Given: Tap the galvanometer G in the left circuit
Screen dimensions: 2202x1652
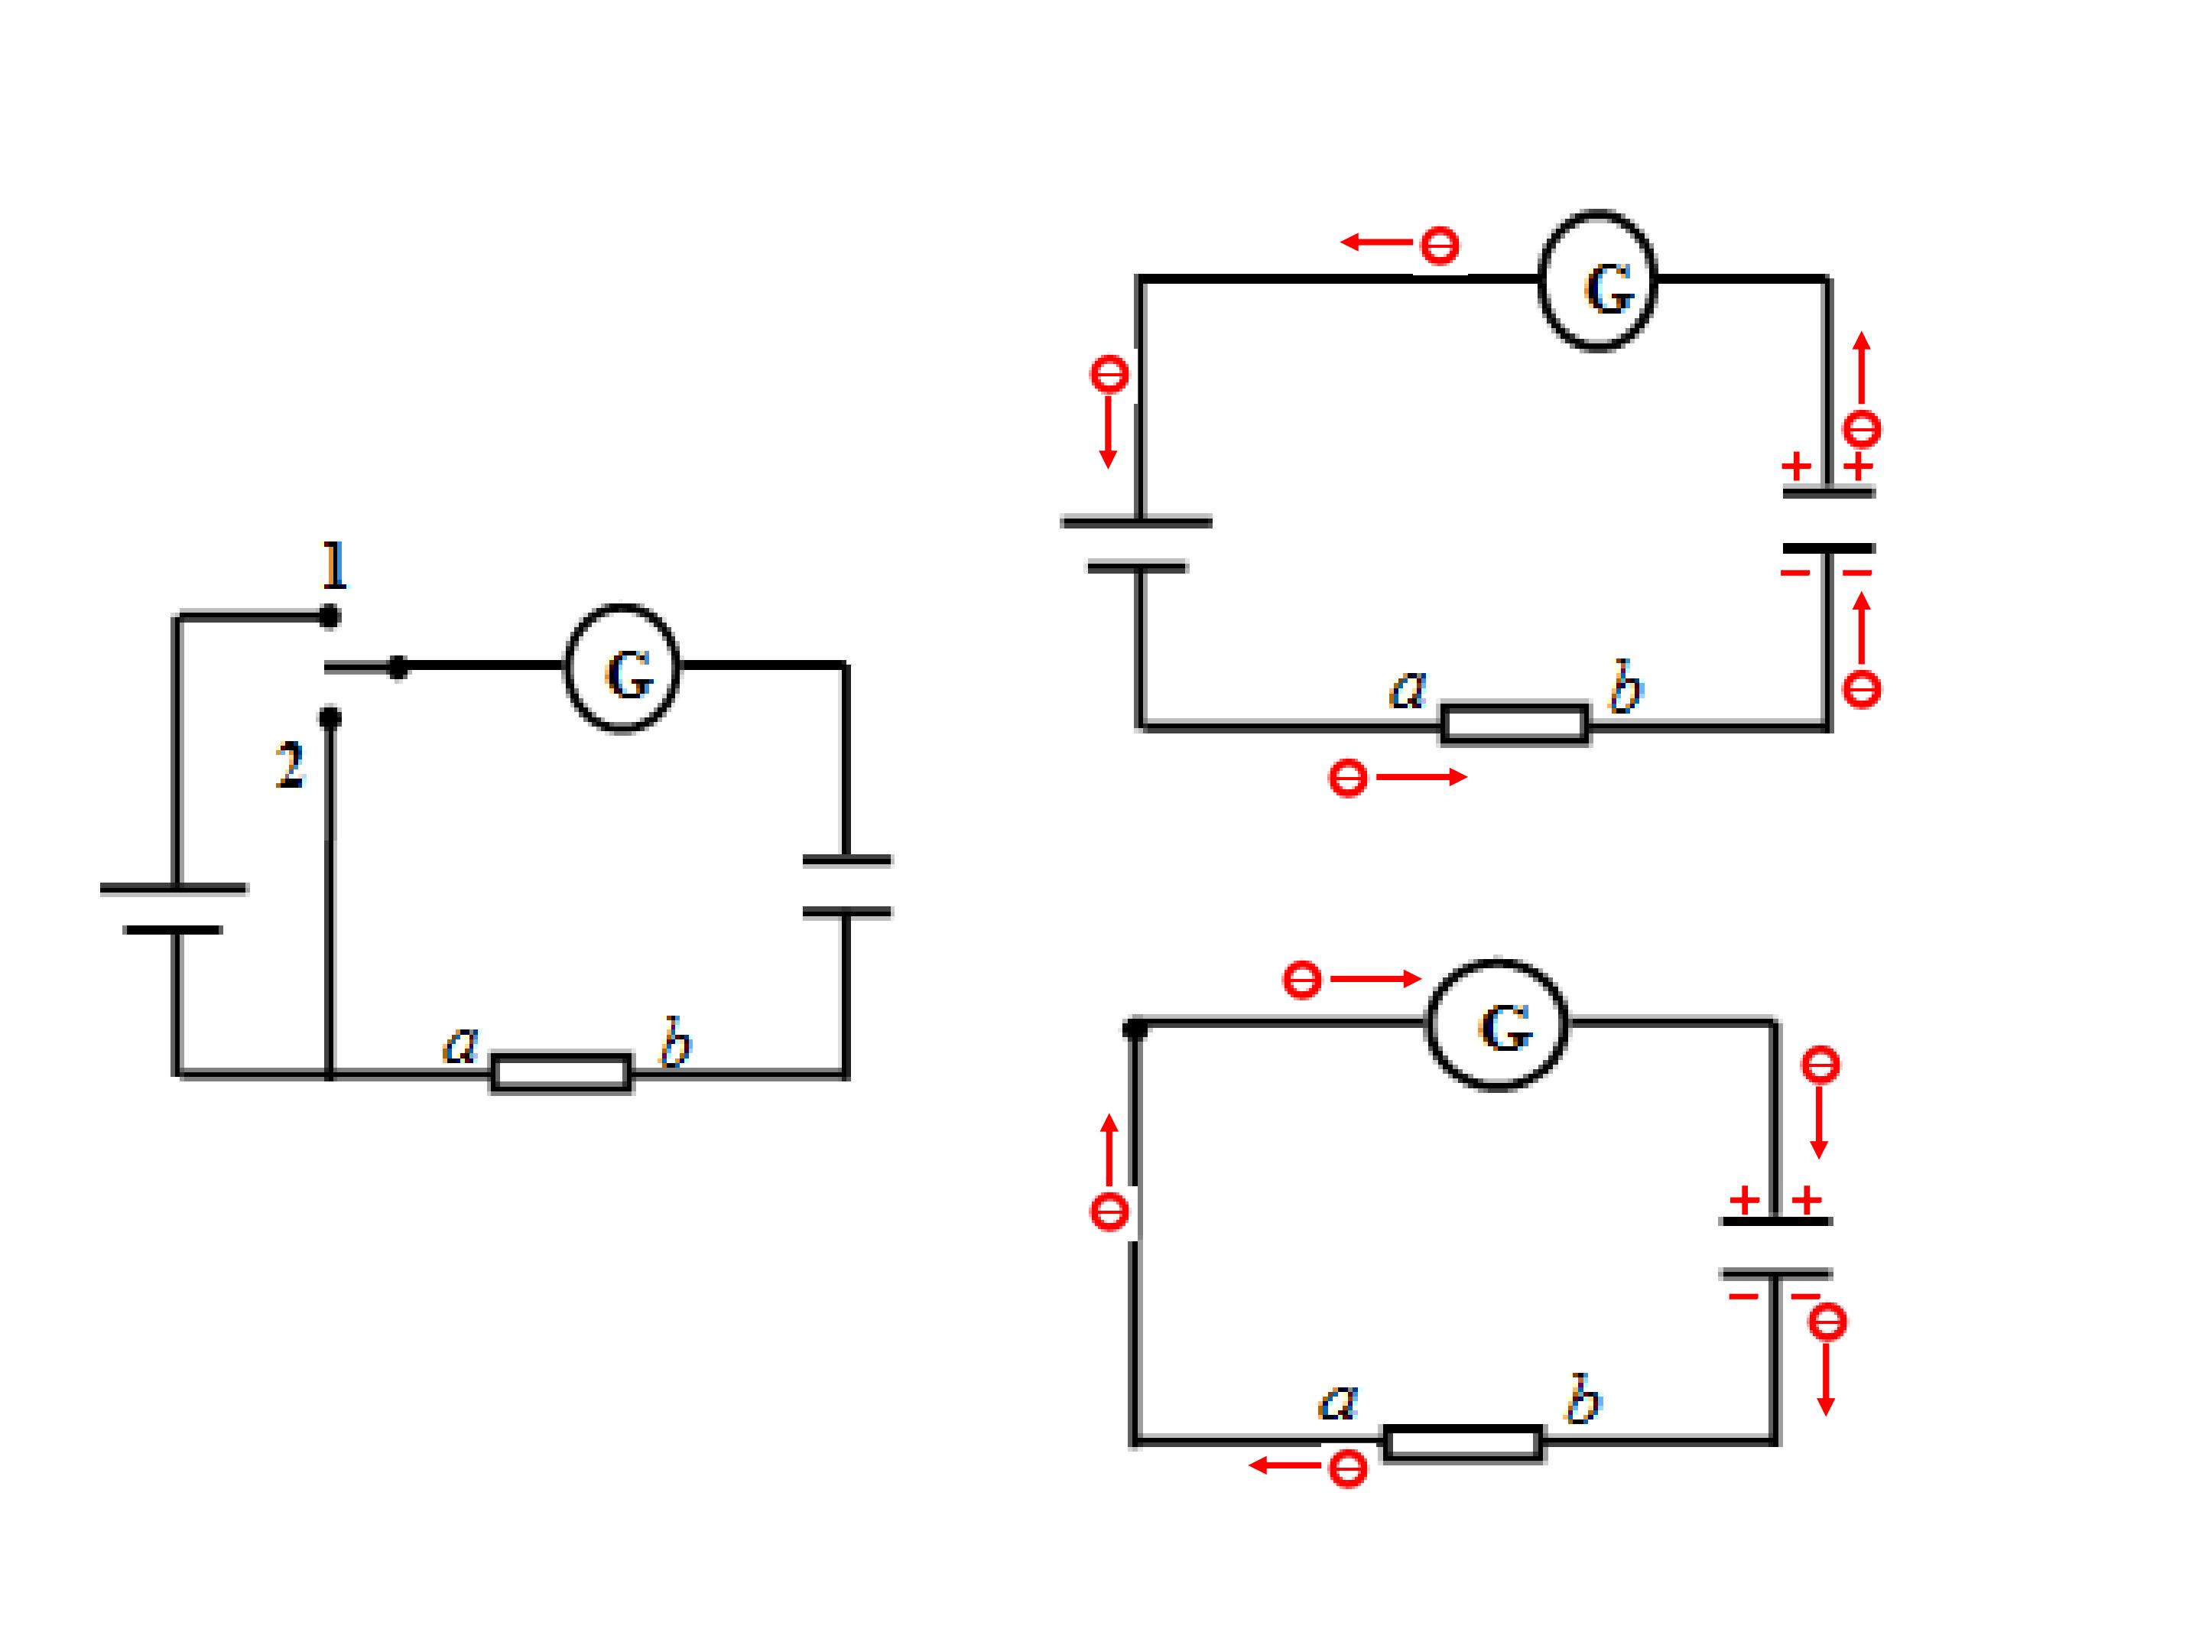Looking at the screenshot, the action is click(x=623, y=668).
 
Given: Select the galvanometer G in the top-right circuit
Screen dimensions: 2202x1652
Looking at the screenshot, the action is click(x=1598, y=280).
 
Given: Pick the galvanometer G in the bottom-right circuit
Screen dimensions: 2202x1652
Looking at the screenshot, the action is click(x=1497, y=1025).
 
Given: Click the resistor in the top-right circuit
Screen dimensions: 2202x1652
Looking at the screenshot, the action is click(x=1514, y=724).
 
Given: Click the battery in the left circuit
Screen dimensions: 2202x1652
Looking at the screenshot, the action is click(x=174, y=908).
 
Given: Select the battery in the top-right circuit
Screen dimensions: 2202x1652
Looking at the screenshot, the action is click(x=1137, y=544).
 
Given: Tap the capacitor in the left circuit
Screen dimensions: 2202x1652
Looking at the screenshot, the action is click(x=847, y=885).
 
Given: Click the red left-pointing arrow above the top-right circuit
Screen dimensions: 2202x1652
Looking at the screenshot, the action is click(x=1377, y=242).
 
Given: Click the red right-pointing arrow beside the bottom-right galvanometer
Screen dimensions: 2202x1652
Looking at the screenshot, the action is click(x=1375, y=980).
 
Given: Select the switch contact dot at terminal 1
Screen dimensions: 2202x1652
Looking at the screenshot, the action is click(x=330, y=617).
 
